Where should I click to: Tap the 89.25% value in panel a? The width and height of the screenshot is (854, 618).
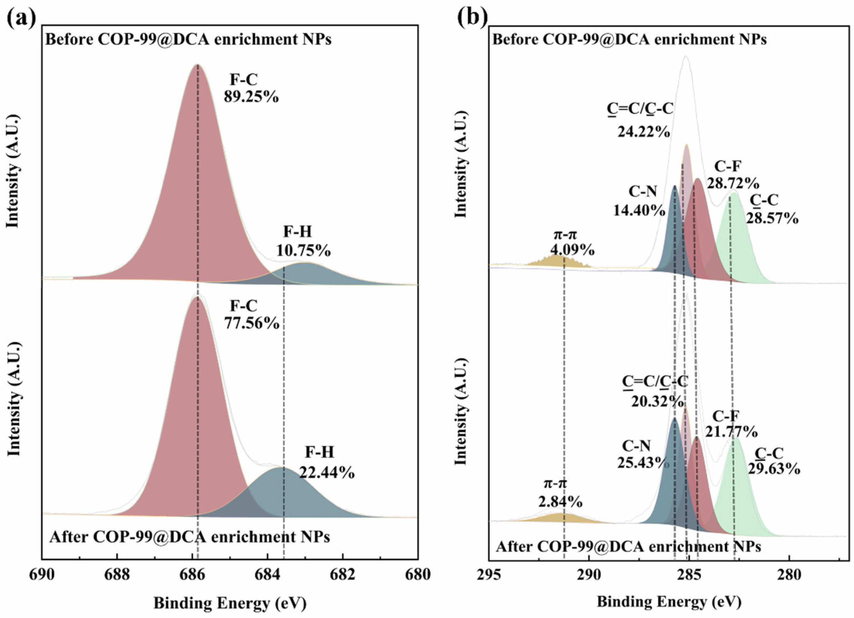tap(251, 97)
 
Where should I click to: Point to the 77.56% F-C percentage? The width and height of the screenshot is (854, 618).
tap(252, 323)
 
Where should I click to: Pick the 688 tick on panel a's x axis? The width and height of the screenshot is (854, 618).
tap(117, 575)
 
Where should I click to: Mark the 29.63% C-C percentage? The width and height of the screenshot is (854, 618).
tap(774, 469)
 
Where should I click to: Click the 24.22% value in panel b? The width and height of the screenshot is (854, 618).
tap(643, 132)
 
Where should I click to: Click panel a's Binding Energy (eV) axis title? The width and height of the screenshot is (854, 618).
tap(230, 604)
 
